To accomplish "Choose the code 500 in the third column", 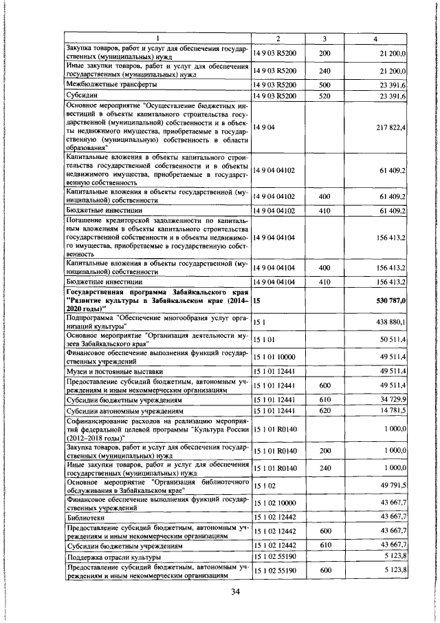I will (x=325, y=83).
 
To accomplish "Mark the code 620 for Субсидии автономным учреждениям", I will (x=325, y=411).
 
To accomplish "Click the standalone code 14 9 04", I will (x=265, y=127).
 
